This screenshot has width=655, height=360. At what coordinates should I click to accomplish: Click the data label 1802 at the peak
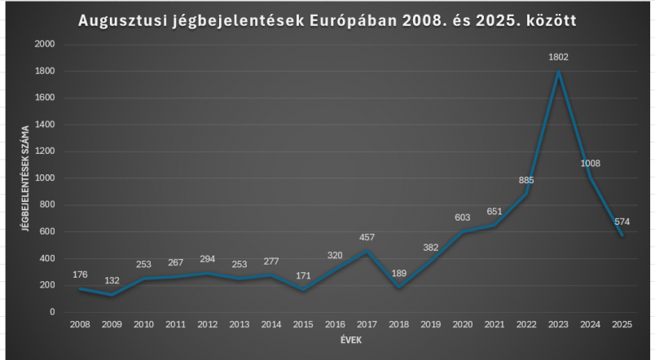(x=559, y=57)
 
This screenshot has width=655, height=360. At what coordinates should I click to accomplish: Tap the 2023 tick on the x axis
(x=559, y=323)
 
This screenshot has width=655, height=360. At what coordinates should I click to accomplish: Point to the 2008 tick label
(x=80, y=323)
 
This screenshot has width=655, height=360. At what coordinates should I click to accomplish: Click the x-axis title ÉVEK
(x=351, y=338)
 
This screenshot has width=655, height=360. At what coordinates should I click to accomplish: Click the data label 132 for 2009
(x=111, y=280)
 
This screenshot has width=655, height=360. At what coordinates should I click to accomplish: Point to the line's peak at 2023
(x=559, y=72)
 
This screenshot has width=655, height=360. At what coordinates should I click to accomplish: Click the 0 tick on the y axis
(x=53, y=312)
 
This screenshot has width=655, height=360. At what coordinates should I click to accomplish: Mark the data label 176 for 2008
(x=79, y=274)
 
